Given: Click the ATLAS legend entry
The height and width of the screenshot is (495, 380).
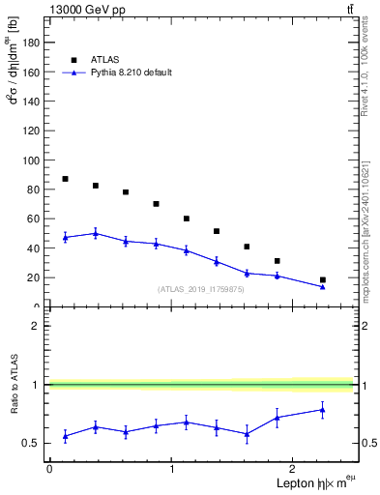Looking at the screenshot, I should [104, 59].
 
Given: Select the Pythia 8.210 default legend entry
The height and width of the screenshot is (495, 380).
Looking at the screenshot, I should [131, 73].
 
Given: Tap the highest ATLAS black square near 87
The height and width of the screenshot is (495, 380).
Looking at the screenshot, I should [65, 179].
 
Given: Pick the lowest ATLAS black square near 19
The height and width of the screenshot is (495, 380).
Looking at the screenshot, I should [323, 279].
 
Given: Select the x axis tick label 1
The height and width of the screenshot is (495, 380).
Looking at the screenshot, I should [172, 468].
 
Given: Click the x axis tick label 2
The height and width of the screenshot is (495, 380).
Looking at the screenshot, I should [296, 468].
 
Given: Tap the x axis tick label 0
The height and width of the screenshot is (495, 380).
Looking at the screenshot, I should [49, 468].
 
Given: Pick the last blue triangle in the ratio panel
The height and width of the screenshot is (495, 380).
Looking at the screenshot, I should [323, 410].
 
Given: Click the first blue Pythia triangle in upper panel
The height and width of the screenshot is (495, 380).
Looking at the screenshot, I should [65, 237].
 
